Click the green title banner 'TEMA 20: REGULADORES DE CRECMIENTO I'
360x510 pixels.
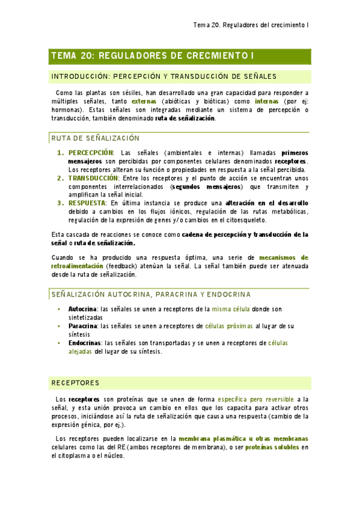click(x=153, y=56)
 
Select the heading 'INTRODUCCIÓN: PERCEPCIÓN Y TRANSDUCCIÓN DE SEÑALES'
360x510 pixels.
click(x=164, y=76)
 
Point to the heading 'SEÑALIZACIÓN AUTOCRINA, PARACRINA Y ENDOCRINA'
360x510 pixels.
click(x=151, y=294)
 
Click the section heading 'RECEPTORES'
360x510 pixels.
click(x=76, y=383)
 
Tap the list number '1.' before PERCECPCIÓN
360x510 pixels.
click(x=60, y=152)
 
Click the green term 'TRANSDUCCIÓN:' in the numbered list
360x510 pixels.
click(x=94, y=178)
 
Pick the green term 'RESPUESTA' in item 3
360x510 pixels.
click(x=87, y=203)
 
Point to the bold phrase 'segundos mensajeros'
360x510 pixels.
click(x=203, y=187)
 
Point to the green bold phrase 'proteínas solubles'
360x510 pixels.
click(x=272, y=447)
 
